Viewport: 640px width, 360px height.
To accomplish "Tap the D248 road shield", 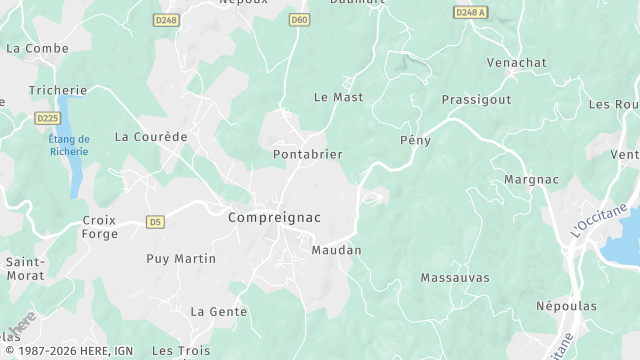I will pos(166,20).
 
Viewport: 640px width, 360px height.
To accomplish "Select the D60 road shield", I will pos(298,20).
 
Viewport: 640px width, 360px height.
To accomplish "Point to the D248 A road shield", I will pos(470,12).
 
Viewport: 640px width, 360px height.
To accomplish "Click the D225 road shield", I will pos(47,118).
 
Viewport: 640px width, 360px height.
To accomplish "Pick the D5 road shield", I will pos(154,221).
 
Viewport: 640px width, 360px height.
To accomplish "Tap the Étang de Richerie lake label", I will pos(69,145).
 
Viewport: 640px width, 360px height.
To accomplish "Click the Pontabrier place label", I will pos(308,154).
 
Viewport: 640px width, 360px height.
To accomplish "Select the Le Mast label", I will pos(338,97).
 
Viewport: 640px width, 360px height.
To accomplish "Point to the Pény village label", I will pos(415,140).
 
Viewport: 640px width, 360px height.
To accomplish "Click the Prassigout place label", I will pos(476,100).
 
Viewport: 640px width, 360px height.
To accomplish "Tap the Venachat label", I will pos(516,62).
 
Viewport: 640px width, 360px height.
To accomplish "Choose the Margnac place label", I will pos(524,180).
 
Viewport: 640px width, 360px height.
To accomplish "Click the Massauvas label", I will pos(453,277).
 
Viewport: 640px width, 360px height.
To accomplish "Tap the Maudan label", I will pos(336,250).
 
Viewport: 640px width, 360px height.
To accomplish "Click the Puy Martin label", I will pos(181,258).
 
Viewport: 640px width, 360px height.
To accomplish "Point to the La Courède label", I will pos(151,136).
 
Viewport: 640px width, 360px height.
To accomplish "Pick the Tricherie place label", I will pos(58,90).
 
